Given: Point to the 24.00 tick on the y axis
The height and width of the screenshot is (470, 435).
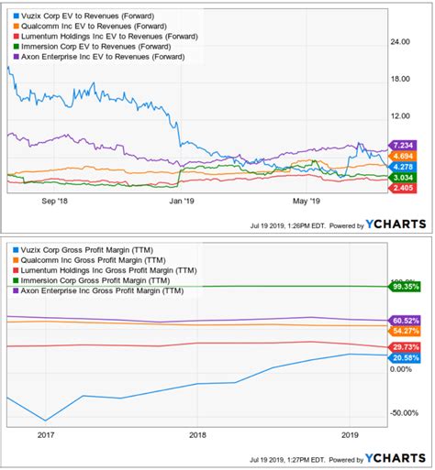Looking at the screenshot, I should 401,41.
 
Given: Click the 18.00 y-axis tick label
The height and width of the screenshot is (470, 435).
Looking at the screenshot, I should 401,79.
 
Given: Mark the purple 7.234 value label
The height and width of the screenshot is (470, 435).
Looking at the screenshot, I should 404,146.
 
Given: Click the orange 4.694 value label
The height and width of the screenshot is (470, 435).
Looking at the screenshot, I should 404,157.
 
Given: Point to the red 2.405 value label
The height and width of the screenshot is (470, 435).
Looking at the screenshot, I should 404,188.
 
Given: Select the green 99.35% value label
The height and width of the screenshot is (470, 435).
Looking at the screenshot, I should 405,287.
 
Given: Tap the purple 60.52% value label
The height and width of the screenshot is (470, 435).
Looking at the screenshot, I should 405,320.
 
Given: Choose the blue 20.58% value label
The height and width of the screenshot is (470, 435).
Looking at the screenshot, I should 405,357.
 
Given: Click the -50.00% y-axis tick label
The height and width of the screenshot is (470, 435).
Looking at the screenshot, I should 404,412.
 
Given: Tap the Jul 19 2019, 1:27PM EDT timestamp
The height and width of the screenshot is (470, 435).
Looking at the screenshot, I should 284,457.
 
